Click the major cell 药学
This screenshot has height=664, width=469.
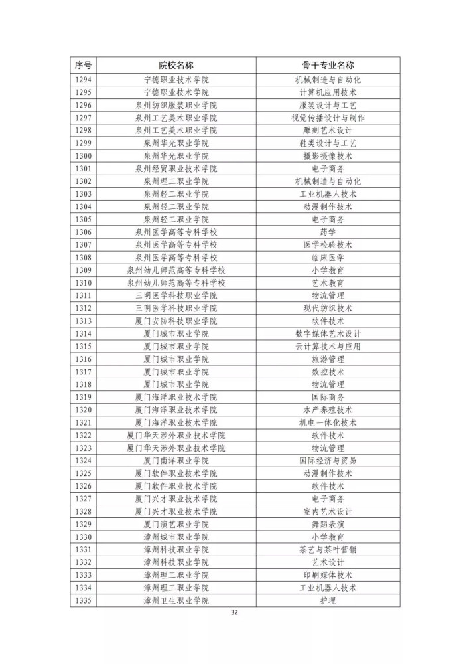[328, 232]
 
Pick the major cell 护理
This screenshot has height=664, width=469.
[328, 600]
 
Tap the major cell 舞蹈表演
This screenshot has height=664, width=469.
[328, 524]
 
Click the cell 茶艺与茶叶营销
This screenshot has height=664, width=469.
[328, 550]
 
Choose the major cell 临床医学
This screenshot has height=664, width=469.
[328, 258]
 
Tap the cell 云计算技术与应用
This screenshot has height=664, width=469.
[328, 347]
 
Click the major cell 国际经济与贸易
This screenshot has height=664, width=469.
[328, 461]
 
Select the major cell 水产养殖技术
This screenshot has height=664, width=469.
[328, 410]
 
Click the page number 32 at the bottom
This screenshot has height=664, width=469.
[234, 612]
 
